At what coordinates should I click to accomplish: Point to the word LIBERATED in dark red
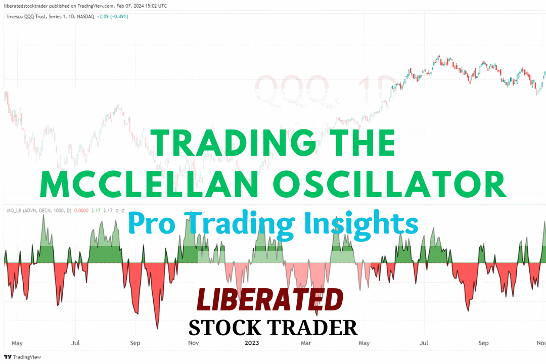tap(269, 301)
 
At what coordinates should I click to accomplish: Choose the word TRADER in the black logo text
tap(315, 328)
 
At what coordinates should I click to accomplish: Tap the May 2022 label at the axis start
tap(17, 343)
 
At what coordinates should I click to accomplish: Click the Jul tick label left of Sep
tap(76, 343)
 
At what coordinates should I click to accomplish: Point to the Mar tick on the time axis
tap(306, 343)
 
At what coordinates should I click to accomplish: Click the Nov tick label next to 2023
tap(193, 343)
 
